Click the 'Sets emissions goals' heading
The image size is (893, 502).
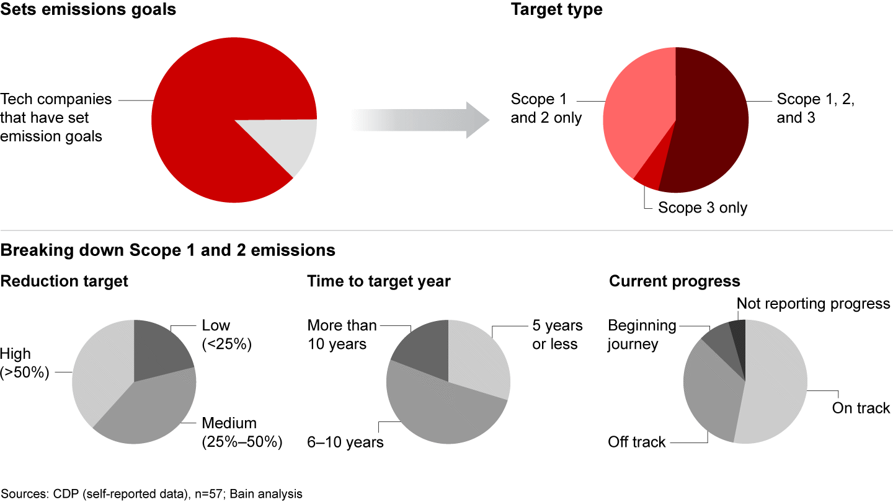click(x=88, y=10)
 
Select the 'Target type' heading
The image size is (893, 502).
click(x=556, y=10)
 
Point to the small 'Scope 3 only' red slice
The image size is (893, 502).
click(x=648, y=180)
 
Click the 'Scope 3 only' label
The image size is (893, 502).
click(x=703, y=208)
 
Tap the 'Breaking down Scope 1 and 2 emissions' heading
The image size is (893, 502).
click(x=168, y=250)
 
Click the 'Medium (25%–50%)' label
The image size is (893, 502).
click(x=242, y=433)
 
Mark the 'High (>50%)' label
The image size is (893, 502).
click(x=25, y=363)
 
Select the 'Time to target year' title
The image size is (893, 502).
click(x=379, y=281)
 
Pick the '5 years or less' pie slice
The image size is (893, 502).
click(x=481, y=359)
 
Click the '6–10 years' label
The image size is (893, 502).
click(x=345, y=442)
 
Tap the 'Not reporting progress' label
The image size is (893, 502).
click(x=814, y=304)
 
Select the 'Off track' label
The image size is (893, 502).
click(x=637, y=442)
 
